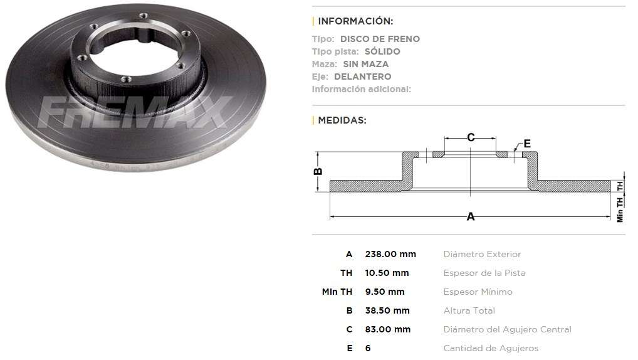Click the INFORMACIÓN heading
(355, 21)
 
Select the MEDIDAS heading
(342, 120)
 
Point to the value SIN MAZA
(365, 64)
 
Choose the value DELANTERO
(362, 77)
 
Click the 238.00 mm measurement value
(390, 254)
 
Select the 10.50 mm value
(387, 273)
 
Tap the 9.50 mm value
(385, 292)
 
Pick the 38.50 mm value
(387, 310)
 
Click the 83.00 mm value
(388, 329)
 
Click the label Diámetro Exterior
(482, 254)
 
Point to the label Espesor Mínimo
(478, 292)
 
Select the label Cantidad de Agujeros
(491, 348)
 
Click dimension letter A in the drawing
(471, 217)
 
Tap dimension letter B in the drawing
(318, 171)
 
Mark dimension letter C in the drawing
(471, 137)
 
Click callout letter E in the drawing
(527, 144)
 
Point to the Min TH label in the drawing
(620, 209)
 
